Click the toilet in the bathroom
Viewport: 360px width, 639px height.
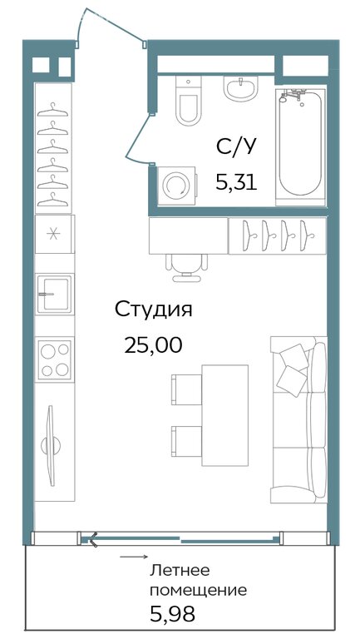(x=188, y=100)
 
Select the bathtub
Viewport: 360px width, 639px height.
(x=300, y=145)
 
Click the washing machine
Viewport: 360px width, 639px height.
(x=177, y=186)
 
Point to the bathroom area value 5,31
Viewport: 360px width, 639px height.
(x=237, y=182)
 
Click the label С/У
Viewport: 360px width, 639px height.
(x=237, y=146)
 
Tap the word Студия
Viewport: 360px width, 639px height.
(x=153, y=310)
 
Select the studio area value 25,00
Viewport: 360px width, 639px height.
(x=153, y=346)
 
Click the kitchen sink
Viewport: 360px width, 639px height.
(x=55, y=294)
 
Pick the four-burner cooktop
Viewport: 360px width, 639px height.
(x=55, y=359)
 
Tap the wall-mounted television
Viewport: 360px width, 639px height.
(x=51, y=445)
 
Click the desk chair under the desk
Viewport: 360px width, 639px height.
(x=186, y=267)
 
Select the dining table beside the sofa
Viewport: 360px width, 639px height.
(x=225, y=415)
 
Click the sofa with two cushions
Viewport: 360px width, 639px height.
(x=299, y=419)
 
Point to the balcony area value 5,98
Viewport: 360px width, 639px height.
(x=172, y=614)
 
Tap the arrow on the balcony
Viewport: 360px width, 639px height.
(x=133, y=557)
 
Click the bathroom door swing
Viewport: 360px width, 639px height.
(x=138, y=140)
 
